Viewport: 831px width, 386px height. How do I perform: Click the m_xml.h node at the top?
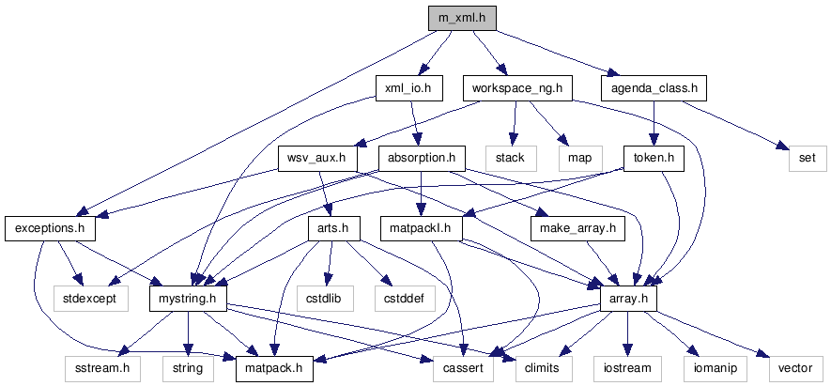[462, 18]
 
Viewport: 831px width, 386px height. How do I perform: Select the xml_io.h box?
[408, 88]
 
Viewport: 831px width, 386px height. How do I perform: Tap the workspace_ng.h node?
[517, 88]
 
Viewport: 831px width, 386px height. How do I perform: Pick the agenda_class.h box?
[654, 88]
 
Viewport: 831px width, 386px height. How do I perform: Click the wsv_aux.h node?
[317, 158]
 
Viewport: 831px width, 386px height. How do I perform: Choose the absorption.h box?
[422, 158]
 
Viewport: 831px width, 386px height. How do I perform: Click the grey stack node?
[511, 158]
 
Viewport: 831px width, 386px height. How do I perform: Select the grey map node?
[579, 158]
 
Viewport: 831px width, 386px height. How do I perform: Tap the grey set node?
[807, 158]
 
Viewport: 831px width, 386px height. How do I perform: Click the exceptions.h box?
[44, 227]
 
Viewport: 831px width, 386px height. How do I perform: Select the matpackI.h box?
[422, 227]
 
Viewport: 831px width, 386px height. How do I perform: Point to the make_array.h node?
[577, 227]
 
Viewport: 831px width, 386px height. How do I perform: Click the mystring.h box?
[189, 298]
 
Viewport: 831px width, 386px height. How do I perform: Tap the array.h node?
[628, 298]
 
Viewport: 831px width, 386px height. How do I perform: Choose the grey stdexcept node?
[98, 298]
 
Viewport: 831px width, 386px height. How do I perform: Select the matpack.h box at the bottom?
[273, 367]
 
